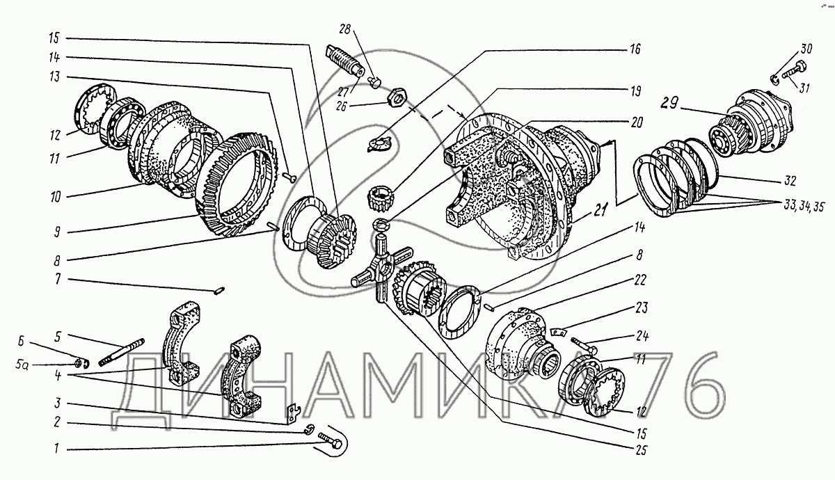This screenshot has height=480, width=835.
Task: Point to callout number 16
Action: point(635,49)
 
